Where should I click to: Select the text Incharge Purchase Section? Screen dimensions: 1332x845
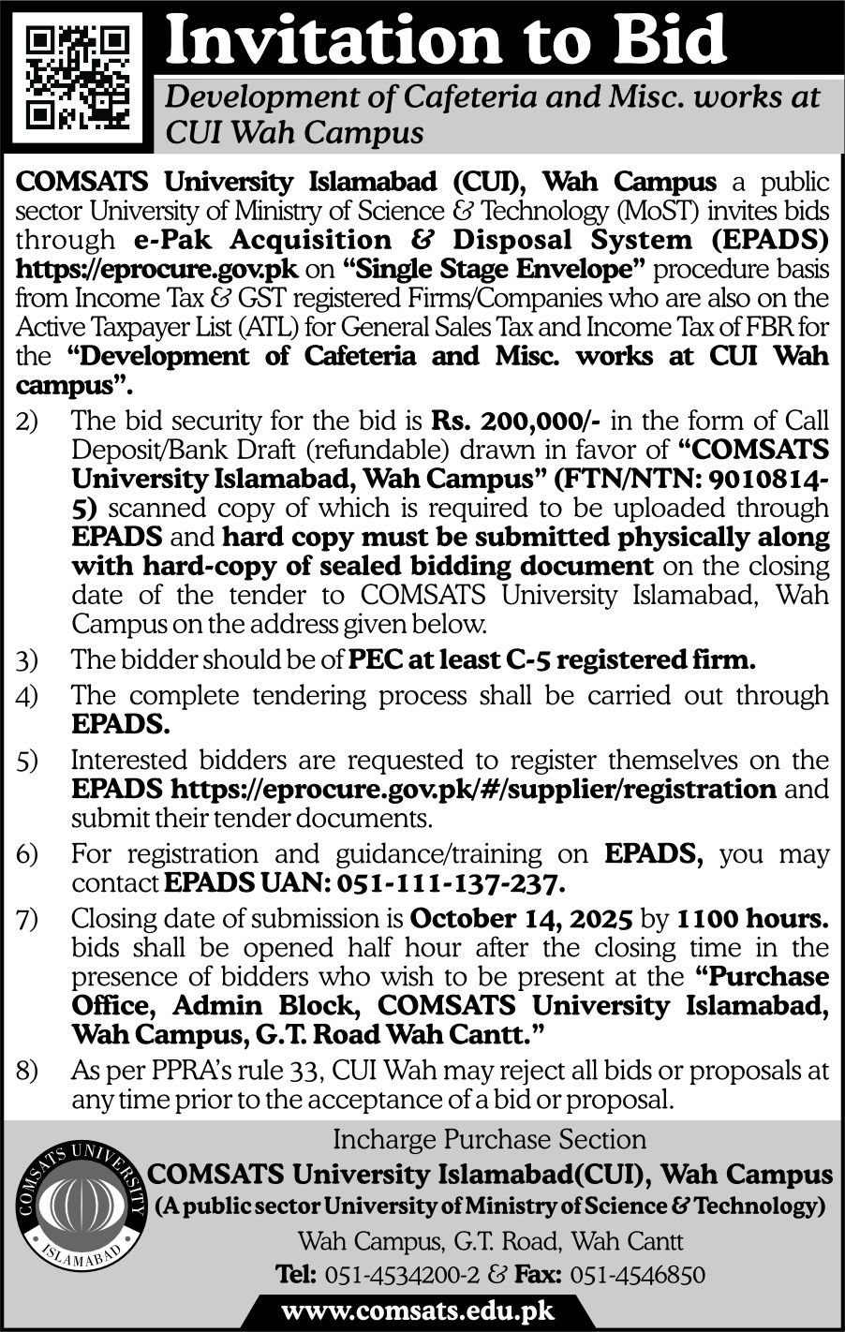click(490, 1139)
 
